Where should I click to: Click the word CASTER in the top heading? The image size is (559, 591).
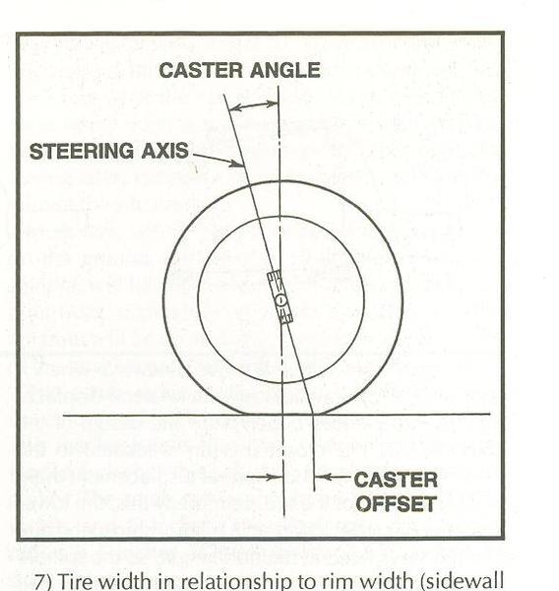coord(201,70)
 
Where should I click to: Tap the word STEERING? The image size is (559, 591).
coord(82,151)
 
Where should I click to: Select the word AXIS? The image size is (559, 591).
coord(164,151)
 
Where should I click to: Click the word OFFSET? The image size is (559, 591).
coord(397,504)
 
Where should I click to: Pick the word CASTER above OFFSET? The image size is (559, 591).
coord(396,480)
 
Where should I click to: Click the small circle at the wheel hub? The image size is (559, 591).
coord(280,300)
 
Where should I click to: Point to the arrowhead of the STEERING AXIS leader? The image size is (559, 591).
coord(239,164)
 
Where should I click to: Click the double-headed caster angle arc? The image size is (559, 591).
coord(253,104)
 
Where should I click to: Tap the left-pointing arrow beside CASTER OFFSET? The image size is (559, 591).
coord(334,477)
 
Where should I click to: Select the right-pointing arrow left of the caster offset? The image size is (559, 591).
coord(265,477)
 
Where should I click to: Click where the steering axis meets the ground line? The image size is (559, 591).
coord(313,415)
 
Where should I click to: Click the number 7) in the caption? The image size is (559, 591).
coord(43,581)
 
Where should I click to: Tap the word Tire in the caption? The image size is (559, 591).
coord(76,581)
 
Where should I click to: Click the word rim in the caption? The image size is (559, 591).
coord(339,581)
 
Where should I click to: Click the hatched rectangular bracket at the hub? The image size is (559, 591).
coord(280,297)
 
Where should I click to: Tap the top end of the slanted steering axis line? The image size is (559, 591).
coord(223,95)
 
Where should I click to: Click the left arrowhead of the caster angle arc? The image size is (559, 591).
coord(233,108)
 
